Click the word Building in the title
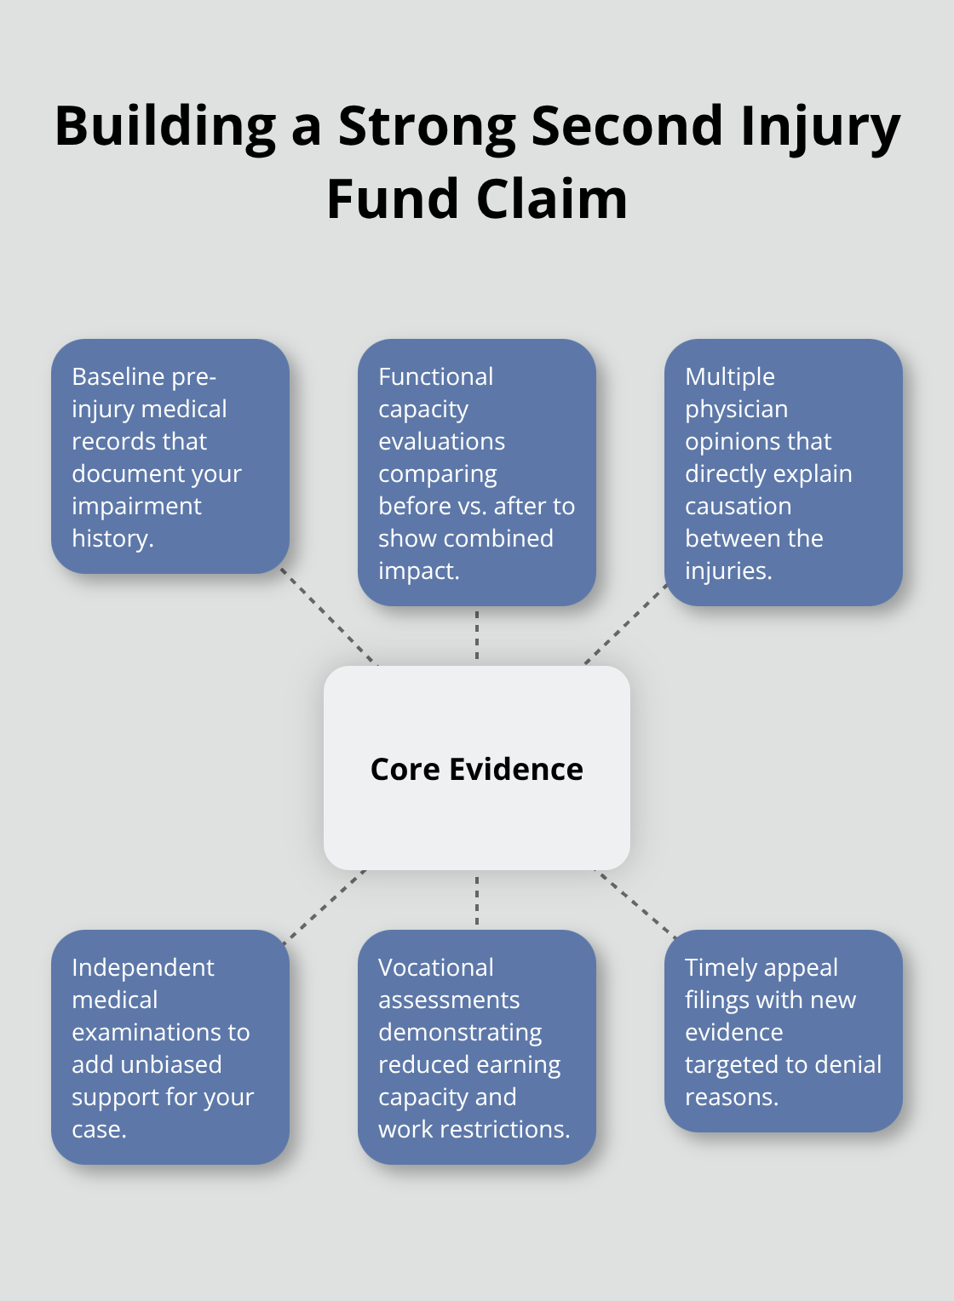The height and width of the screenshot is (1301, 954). point(165,126)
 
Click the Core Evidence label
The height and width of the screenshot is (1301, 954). point(476,769)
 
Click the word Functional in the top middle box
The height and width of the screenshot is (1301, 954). point(435,376)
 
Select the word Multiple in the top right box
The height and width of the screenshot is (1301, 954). point(730,376)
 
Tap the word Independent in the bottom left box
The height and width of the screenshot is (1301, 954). point(142,967)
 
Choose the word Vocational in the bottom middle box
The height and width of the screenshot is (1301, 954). point(435,967)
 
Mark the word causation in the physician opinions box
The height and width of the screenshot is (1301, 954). point(738,506)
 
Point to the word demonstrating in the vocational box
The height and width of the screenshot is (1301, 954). point(460,1032)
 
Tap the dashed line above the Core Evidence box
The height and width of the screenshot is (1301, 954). point(477,635)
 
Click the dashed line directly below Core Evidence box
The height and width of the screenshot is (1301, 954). point(477,899)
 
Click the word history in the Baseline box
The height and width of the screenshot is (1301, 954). point(111,538)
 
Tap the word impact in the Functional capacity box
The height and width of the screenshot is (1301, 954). point(417,570)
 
